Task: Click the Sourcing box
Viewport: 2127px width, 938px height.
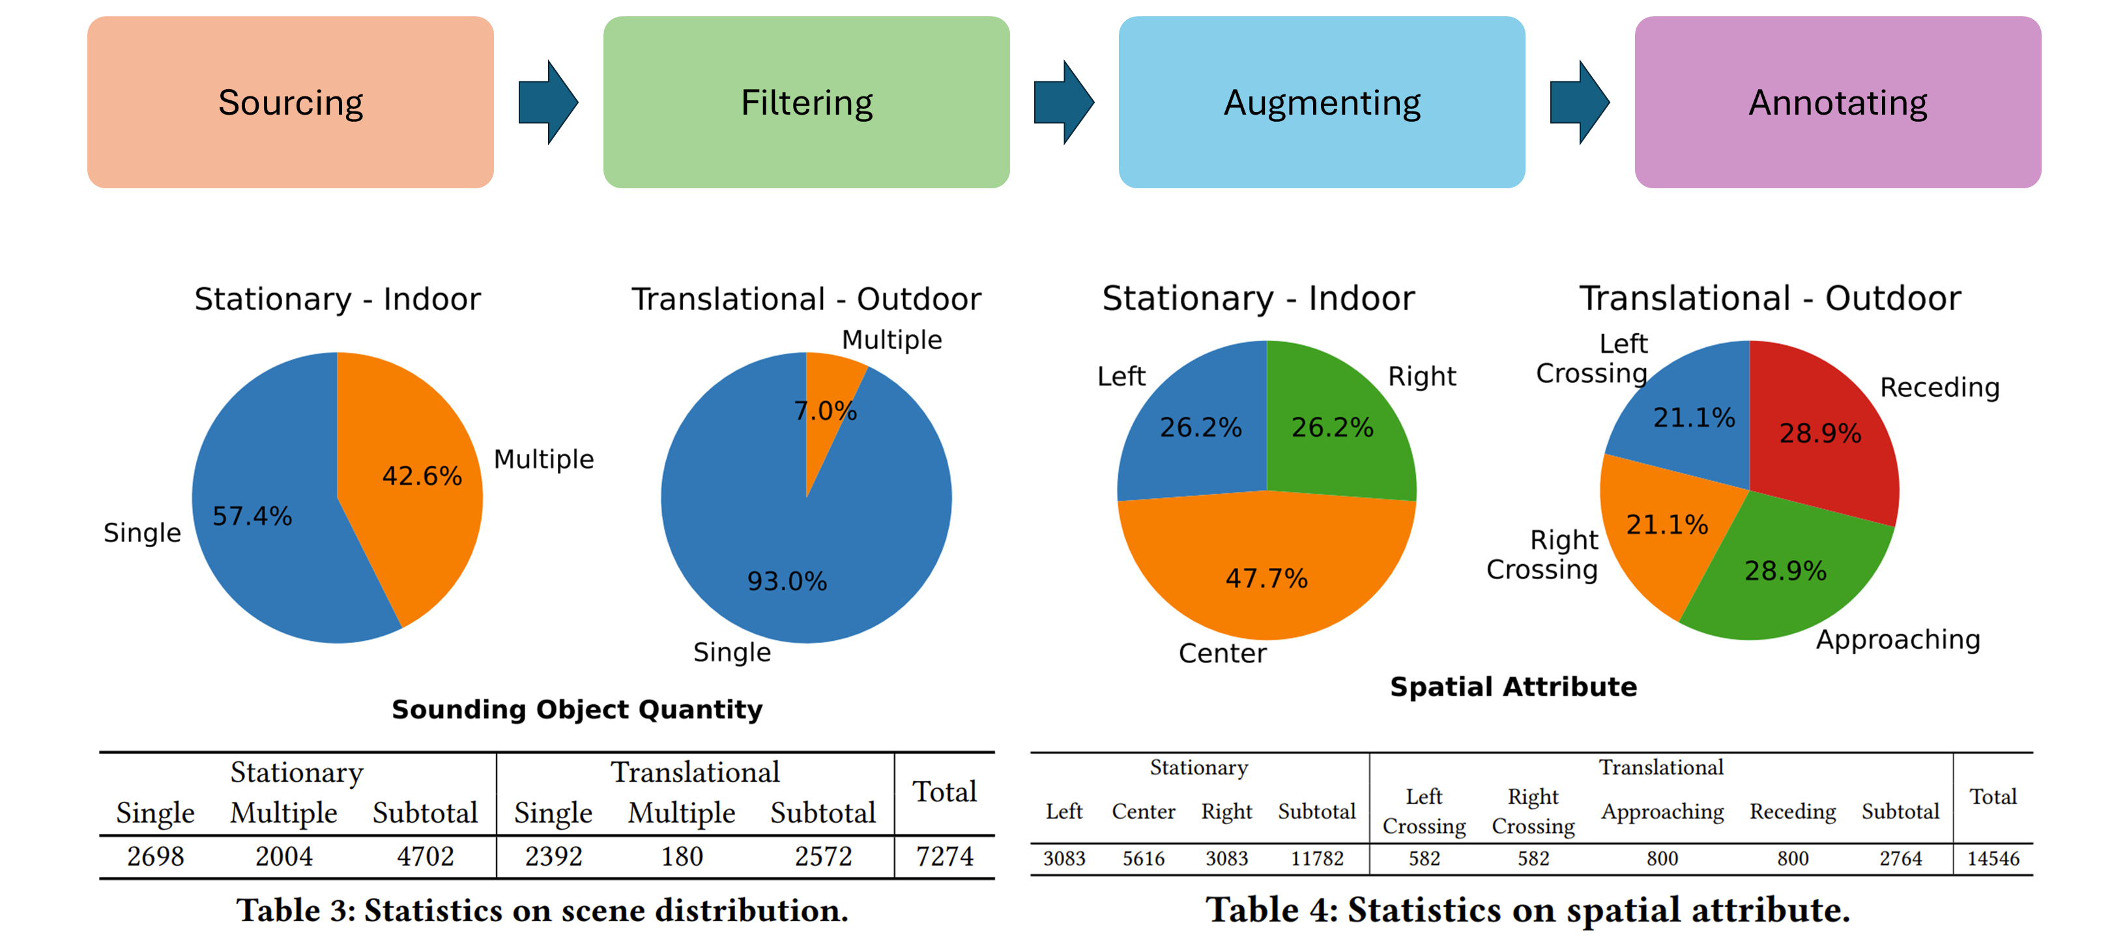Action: pos(290,102)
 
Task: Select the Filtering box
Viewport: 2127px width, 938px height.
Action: pos(806,102)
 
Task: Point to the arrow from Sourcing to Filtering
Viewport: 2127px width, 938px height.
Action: pos(547,102)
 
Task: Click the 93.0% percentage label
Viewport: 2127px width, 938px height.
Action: pos(787,581)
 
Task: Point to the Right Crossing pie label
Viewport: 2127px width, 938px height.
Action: pos(1542,554)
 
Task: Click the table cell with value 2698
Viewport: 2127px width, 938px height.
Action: pos(155,857)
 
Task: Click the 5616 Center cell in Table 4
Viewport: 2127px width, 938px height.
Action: pos(1143,859)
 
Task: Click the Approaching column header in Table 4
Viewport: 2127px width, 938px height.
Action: pos(1662,812)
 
